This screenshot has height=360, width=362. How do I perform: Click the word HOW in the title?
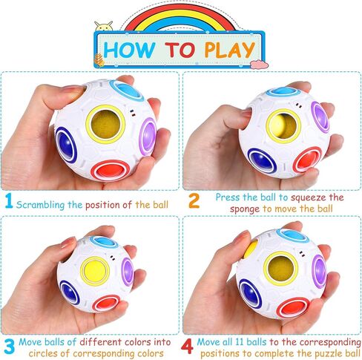click(129, 50)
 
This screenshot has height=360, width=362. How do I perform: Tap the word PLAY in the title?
click(230, 50)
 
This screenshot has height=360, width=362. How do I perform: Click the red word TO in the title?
click(180, 50)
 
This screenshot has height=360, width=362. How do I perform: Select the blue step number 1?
click(9, 200)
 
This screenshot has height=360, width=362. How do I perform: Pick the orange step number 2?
click(194, 200)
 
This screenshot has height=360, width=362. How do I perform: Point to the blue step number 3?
click(10, 347)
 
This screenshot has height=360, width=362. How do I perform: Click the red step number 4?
click(187, 347)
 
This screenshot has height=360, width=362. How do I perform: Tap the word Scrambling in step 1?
click(40, 205)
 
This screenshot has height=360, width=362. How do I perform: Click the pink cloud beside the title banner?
click(259, 65)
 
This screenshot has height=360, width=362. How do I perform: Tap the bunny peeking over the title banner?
click(104, 26)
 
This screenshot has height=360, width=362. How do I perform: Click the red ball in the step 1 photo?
click(109, 170)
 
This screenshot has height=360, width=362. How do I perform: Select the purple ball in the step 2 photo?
click(320, 117)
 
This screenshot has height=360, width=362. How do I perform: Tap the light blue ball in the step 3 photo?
click(103, 240)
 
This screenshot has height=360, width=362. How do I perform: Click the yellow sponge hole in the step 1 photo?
click(105, 124)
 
